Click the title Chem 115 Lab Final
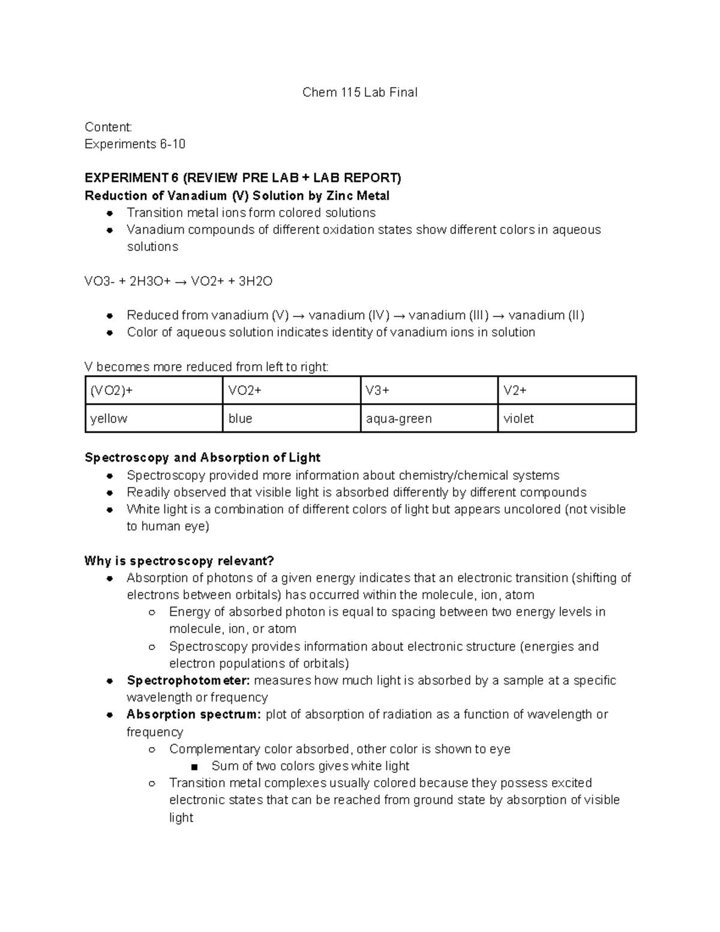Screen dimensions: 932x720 coord(359,92)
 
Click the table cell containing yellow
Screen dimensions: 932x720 coord(154,418)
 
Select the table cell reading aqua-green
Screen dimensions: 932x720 coord(428,418)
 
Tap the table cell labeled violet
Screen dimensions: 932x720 coord(566,418)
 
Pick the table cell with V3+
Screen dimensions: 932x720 coord(428,391)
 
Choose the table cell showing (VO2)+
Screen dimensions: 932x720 coord(154,391)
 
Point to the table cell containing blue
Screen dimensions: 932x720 coord(291,418)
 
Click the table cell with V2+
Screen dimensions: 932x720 coord(566,391)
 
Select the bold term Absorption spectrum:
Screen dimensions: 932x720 coord(193,715)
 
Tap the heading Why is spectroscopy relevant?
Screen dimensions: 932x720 coord(179,561)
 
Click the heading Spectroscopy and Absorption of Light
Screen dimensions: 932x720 coord(202,458)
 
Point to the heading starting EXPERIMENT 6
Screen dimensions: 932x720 coord(243,178)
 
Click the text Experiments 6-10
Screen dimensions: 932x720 coord(135,144)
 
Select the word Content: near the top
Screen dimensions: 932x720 coord(108,127)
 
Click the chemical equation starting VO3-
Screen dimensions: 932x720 coord(178,281)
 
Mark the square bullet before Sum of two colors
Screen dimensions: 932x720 coord(194,767)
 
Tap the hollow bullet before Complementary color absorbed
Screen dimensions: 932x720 coord(152,750)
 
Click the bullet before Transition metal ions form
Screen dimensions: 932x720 coord(109,213)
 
